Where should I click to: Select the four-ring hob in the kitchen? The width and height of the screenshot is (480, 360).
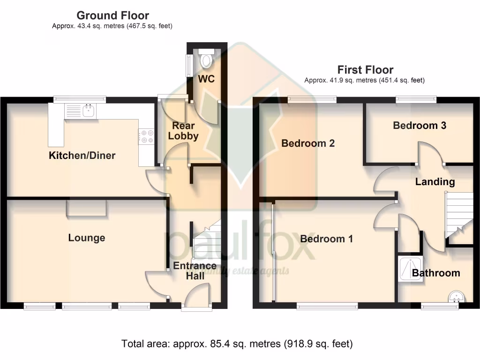click(x=147, y=136)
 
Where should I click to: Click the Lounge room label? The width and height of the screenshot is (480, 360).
click(x=87, y=238)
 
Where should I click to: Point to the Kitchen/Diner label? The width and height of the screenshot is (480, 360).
click(x=82, y=156)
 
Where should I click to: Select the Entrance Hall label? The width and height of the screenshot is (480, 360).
click(x=195, y=271)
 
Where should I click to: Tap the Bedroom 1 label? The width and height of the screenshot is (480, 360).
click(x=326, y=239)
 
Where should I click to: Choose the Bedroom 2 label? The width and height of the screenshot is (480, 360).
click(x=308, y=143)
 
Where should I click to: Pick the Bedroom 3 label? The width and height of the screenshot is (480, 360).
click(x=420, y=126)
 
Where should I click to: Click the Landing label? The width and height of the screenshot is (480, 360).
click(x=435, y=182)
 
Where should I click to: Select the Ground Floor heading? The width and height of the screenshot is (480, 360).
click(x=112, y=15)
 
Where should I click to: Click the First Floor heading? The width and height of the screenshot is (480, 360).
click(x=365, y=70)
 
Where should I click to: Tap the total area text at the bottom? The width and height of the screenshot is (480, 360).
click(x=237, y=344)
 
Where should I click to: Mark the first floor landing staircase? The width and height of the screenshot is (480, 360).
click(x=458, y=218)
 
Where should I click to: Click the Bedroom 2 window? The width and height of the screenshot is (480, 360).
click(x=312, y=99)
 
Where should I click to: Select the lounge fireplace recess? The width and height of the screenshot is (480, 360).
click(x=86, y=208)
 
